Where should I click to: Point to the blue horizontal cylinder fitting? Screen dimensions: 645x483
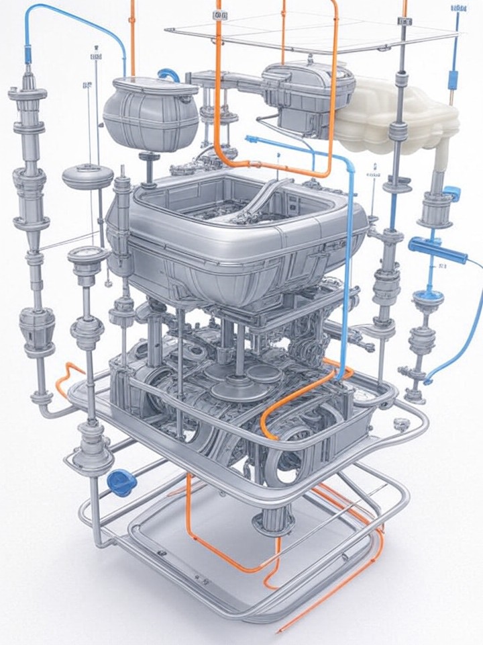(437, 250)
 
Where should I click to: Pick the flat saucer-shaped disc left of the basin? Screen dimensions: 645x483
(87, 177)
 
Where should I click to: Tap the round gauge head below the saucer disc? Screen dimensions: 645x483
(87, 257)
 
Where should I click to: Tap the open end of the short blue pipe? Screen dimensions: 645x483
(252, 140)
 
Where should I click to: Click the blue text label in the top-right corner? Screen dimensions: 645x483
(459, 7)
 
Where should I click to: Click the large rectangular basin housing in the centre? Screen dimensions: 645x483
(235, 228)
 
